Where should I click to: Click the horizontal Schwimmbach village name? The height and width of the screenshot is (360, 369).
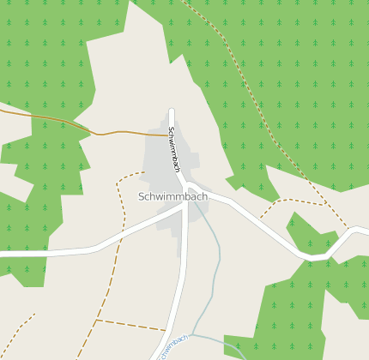pos(172,196)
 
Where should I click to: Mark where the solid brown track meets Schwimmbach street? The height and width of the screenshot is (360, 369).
pos(170,135)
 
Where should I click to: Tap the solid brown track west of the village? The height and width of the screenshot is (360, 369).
pos(51,117)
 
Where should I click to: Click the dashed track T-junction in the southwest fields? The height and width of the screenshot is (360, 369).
pos(97,320)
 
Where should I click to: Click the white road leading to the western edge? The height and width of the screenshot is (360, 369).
pos(43,254)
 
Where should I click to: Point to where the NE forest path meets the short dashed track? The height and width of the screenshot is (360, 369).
pos(326,205)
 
